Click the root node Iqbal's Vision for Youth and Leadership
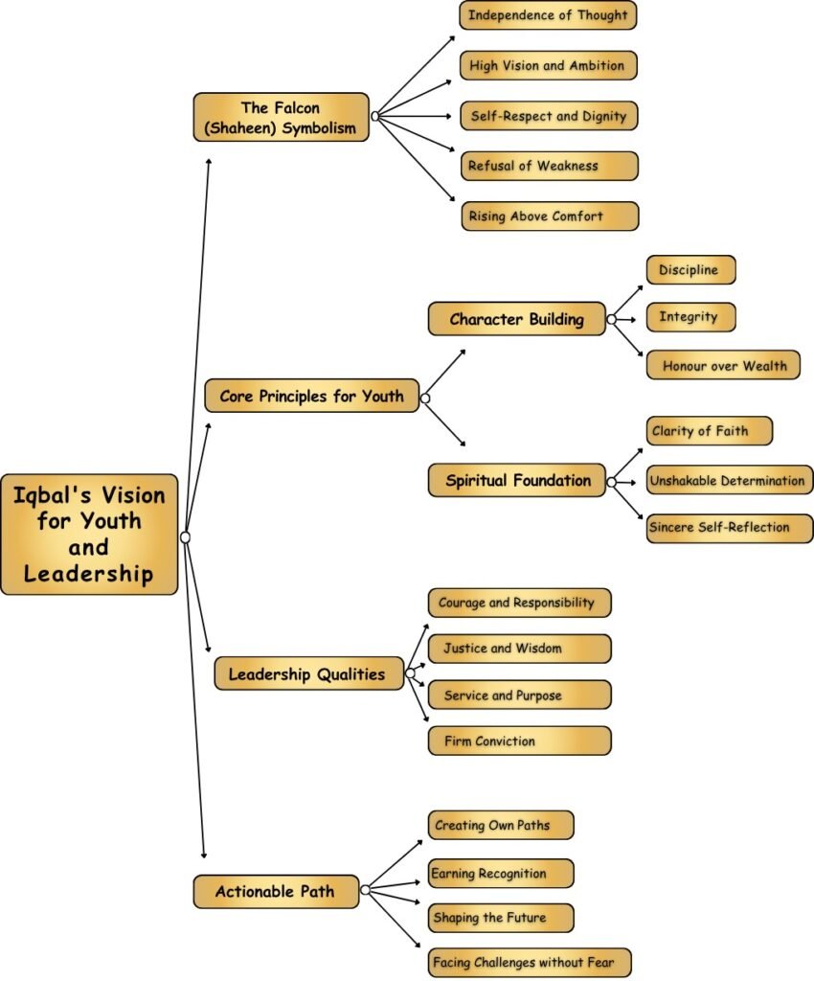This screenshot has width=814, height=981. (89, 535)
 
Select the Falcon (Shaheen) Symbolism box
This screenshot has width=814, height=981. (282, 117)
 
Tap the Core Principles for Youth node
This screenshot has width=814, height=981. (312, 396)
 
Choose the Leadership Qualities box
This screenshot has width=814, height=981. (309, 673)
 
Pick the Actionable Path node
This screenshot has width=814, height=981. (276, 891)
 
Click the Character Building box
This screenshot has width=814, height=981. (517, 319)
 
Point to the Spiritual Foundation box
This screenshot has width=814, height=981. (517, 480)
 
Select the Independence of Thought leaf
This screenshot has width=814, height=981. (549, 15)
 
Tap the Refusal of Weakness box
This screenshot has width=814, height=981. (550, 166)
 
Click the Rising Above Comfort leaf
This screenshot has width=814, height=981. (551, 216)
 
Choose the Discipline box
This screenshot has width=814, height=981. (690, 269)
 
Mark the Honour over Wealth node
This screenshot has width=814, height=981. (723, 365)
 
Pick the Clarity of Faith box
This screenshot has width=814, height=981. (709, 430)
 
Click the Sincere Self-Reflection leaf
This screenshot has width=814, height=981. (730, 528)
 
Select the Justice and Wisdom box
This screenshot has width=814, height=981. (520, 649)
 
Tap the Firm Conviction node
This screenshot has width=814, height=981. (520, 741)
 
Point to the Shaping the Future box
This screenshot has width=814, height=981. (501, 918)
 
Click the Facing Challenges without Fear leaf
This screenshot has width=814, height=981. (530, 962)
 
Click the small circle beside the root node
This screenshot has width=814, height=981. (185, 536)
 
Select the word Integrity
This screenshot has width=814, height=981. (688, 316)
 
